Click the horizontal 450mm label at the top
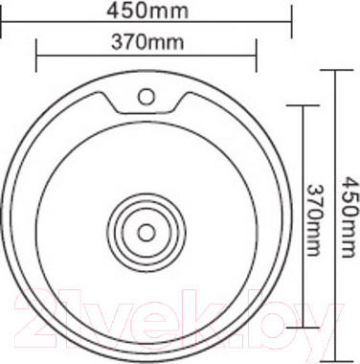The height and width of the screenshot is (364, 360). (146, 11)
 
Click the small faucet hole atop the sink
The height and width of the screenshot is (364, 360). (146, 96)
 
